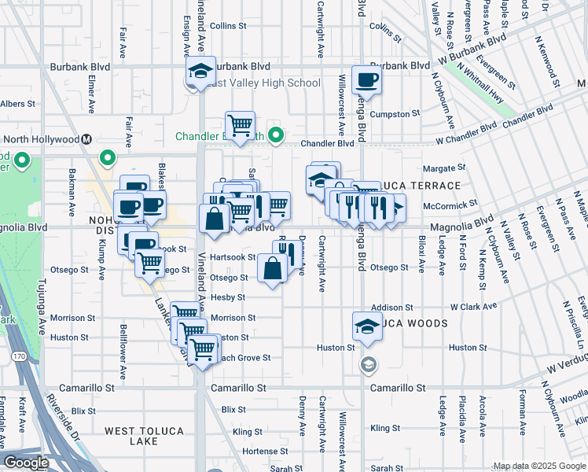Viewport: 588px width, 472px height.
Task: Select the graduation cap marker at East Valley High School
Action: click(201, 72)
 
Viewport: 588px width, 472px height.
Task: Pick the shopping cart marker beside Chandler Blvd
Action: click(240, 125)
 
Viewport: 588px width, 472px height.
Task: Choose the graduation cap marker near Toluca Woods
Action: click(367, 325)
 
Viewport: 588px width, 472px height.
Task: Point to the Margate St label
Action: click(439, 168)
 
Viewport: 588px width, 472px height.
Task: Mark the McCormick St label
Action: click(450, 203)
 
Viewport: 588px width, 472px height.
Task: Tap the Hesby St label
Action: click(233, 297)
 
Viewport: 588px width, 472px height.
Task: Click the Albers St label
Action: click(17, 103)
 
